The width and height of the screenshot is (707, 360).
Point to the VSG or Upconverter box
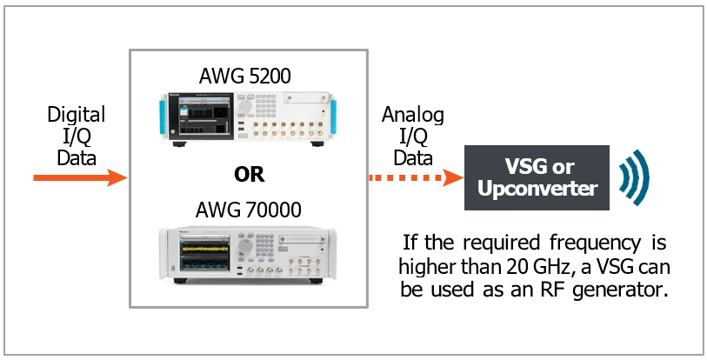coord(539,178)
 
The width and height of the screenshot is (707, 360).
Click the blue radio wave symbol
coord(634,178)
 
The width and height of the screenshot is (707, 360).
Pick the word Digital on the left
coord(76,115)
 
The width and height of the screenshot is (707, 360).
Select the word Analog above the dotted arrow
coord(413,115)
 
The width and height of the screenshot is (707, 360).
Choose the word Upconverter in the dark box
coord(539,189)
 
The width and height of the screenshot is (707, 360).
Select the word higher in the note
coord(426,265)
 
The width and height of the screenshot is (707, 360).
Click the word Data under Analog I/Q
coord(413,157)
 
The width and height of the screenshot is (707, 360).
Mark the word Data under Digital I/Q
coord(76,157)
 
